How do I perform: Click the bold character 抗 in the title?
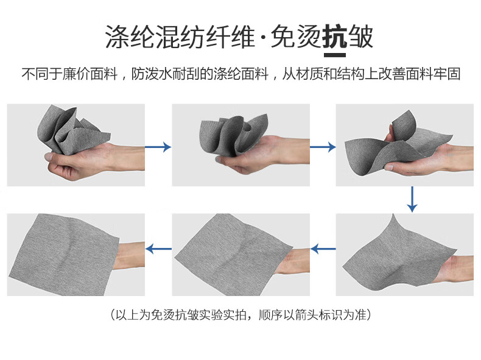tap(335, 37)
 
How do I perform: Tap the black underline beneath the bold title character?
tap(335, 55)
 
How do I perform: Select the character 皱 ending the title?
tap(360, 37)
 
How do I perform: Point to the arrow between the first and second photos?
tap(158, 147)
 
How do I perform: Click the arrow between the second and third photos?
tap(323, 147)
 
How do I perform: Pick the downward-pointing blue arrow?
tap(412, 199)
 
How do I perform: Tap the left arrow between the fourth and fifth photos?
tap(323, 249)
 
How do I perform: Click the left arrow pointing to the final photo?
tap(158, 249)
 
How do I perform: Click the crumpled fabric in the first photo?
tap(71, 130)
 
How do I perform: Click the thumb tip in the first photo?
tap(49, 157)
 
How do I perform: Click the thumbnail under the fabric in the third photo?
tap(388, 168)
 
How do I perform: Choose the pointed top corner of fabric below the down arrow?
tap(393, 214)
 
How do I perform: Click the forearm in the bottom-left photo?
tap(129, 256)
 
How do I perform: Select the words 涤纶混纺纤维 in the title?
tap(180, 37)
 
